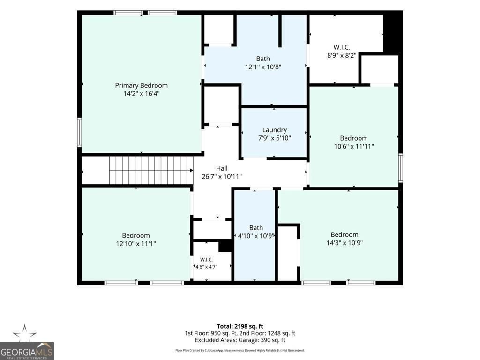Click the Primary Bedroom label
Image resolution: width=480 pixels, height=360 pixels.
[141, 85]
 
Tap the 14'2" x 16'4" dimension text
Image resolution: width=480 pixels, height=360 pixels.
[142, 93]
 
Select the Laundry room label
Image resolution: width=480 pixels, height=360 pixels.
[274, 130]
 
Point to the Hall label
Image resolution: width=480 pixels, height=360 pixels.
[222, 168]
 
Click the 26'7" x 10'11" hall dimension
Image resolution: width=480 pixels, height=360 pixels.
[222, 176]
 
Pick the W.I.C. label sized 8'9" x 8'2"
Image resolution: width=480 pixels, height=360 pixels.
[342, 47]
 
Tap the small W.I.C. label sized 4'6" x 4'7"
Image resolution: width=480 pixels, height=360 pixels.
[206, 260]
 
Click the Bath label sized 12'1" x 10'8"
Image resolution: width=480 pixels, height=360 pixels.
[263, 59]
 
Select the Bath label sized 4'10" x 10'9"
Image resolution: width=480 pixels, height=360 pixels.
[256, 228]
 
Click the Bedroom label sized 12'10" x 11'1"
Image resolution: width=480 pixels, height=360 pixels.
[136, 235]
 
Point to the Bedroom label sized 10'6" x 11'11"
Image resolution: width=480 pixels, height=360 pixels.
[354, 138]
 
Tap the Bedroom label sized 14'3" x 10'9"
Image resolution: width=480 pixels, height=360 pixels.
[345, 234]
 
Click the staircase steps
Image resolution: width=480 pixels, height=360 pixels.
[151, 171]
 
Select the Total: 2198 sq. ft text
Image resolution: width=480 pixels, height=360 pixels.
[240, 326]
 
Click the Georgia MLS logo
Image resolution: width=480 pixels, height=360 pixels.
[27, 342]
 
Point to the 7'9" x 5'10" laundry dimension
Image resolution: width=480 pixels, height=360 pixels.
[274, 138]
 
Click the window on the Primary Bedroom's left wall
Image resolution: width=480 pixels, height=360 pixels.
[79, 132]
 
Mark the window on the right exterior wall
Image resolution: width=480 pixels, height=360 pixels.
[400, 168]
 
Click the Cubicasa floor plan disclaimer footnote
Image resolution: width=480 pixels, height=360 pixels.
[240, 350]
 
